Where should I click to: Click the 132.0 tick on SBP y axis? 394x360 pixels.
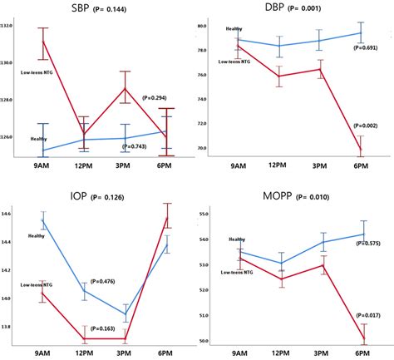7,26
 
